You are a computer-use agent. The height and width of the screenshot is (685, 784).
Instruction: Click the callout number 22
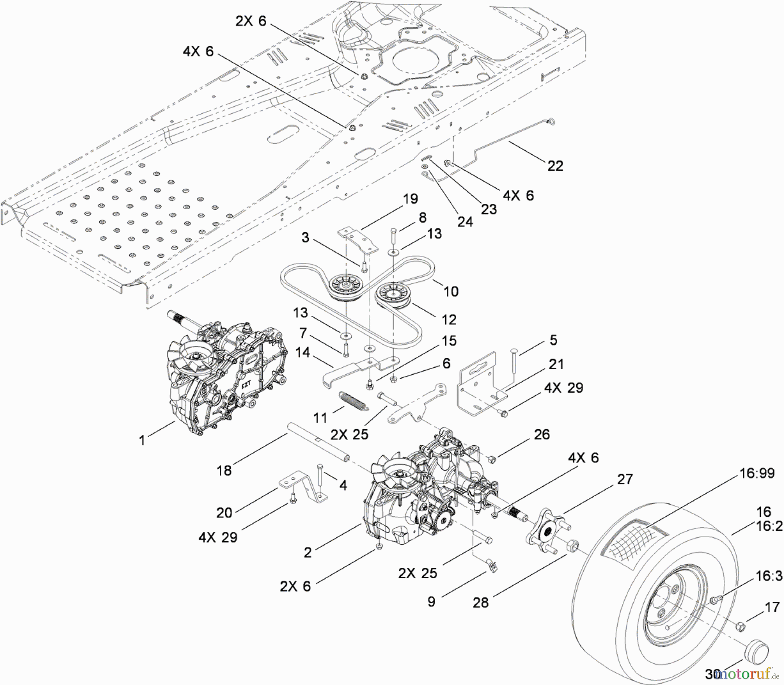click(555, 166)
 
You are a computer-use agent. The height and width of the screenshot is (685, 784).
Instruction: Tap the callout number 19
click(410, 199)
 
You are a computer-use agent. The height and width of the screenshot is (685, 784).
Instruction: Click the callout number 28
click(481, 603)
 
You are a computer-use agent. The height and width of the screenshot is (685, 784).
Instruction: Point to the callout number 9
click(431, 602)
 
